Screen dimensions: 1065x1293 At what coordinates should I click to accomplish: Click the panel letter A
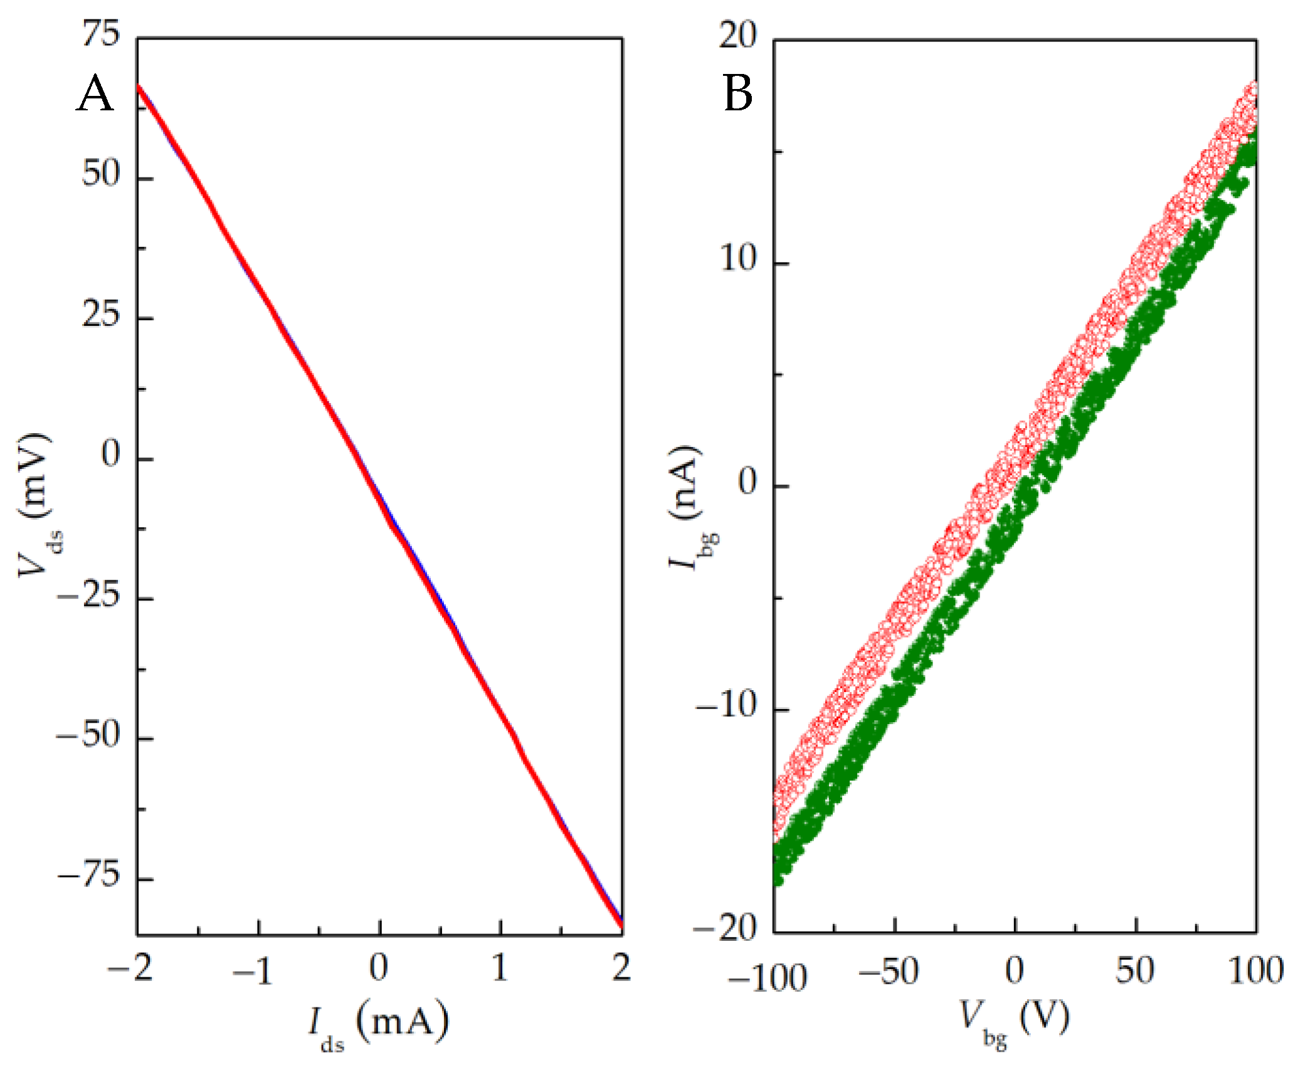tap(95, 94)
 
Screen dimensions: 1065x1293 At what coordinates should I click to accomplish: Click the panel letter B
tap(737, 94)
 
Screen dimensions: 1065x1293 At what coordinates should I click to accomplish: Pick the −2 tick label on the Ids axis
tap(130, 968)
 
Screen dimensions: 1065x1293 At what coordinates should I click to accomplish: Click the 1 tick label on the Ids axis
tap(500, 968)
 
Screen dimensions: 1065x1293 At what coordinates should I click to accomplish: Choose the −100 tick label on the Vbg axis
tap(766, 979)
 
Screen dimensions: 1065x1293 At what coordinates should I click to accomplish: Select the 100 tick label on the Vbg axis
tap(1255, 972)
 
